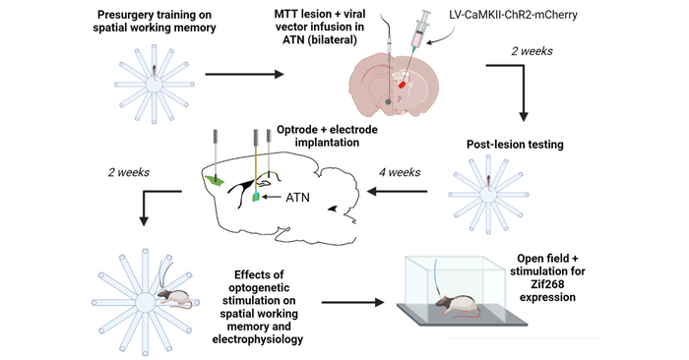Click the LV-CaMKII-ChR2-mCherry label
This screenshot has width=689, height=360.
point(513,15)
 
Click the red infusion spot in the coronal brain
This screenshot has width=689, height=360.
point(402,85)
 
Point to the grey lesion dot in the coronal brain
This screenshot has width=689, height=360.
point(388,102)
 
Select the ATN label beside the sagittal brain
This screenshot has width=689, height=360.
point(297,198)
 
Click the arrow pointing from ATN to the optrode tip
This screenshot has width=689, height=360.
point(272,197)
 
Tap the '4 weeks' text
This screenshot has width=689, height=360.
point(400,172)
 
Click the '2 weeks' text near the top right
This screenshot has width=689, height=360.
point(532,51)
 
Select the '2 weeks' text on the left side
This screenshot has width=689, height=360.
point(129,172)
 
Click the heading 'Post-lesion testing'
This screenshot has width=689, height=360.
point(515,145)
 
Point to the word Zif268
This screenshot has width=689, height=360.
point(547,284)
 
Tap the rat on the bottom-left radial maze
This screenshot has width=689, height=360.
point(174,298)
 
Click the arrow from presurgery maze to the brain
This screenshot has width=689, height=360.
point(245,74)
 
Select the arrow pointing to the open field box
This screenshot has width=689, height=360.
point(352,302)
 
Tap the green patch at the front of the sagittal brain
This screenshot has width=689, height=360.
point(215,179)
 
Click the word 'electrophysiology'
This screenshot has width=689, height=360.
point(258,339)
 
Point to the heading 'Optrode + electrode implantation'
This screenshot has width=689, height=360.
point(327,136)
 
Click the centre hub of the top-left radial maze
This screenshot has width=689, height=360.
point(154,85)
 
